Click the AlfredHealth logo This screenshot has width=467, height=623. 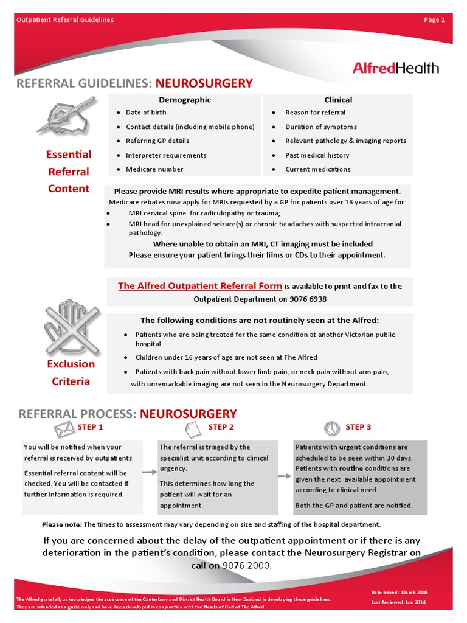pos(395,68)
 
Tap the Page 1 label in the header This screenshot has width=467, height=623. pos(434,19)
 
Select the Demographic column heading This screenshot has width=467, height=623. pos(185,100)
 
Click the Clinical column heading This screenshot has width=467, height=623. pos(338,100)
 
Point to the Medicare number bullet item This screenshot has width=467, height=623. pos(154,169)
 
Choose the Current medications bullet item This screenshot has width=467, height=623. pos(318,169)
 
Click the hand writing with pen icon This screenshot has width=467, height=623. pos(66,114)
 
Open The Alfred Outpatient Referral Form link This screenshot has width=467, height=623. pos(200,286)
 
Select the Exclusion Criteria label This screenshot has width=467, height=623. pos(71,373)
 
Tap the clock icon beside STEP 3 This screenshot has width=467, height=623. pos(332,428)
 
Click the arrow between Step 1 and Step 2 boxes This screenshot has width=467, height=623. pos(149,472)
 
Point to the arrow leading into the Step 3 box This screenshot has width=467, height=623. pos(285,476)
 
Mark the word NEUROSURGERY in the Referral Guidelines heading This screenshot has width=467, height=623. pos(204,83)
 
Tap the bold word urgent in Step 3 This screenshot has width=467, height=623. pos(350,447)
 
